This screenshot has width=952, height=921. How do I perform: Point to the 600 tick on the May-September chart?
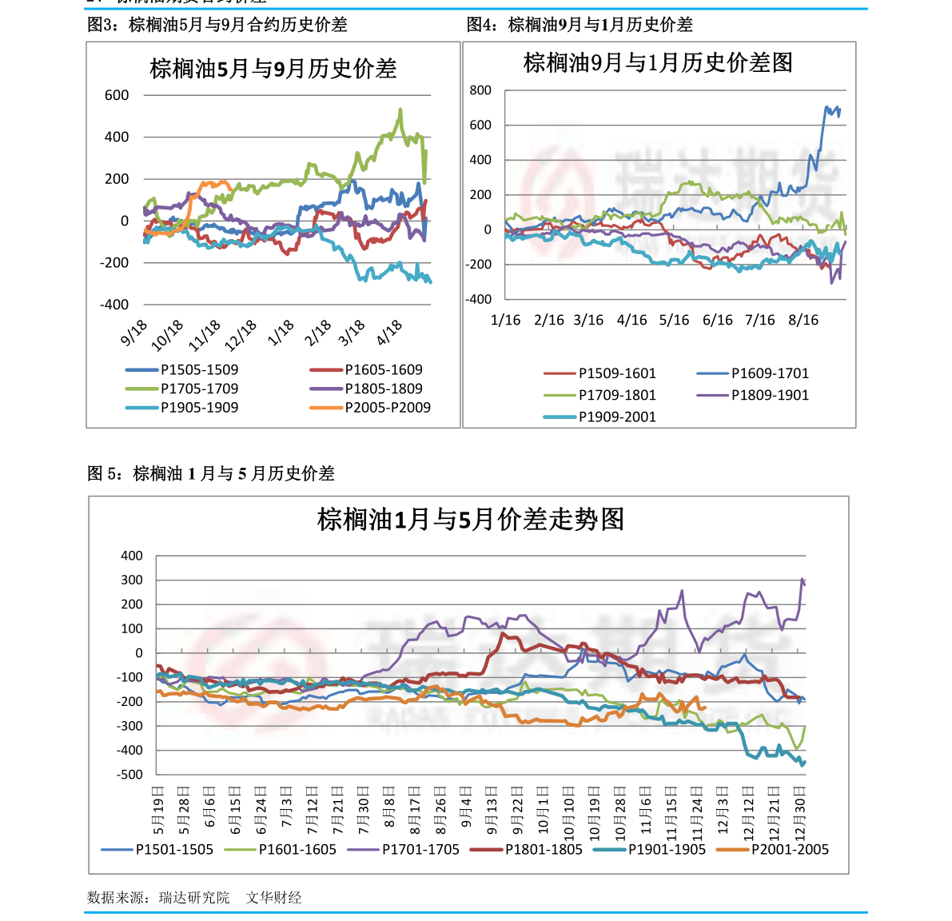click(x=117, y=95)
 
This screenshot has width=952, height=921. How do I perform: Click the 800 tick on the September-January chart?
click(x=480, y=90)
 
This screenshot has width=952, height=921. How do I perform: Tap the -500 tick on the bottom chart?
click(x=129, y=774)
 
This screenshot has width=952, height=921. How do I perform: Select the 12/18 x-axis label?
click(x=241, y=334)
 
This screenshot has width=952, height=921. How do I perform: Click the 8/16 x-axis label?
click(x=803, y=320)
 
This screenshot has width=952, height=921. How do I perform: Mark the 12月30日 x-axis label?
click(x=800, y=811)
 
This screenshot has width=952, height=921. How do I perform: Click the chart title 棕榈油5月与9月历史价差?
click(x=273, y=69)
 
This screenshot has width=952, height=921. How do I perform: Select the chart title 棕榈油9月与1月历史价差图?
click(x=658, y=62)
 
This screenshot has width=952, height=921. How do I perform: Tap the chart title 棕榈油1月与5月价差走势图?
click(x=470, y=520)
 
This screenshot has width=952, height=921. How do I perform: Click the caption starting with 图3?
click(x=217, y=25)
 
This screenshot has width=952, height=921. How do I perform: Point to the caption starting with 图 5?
click(x=211, y=473)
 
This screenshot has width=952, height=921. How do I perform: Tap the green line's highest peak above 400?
click(x=400, y=110)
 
